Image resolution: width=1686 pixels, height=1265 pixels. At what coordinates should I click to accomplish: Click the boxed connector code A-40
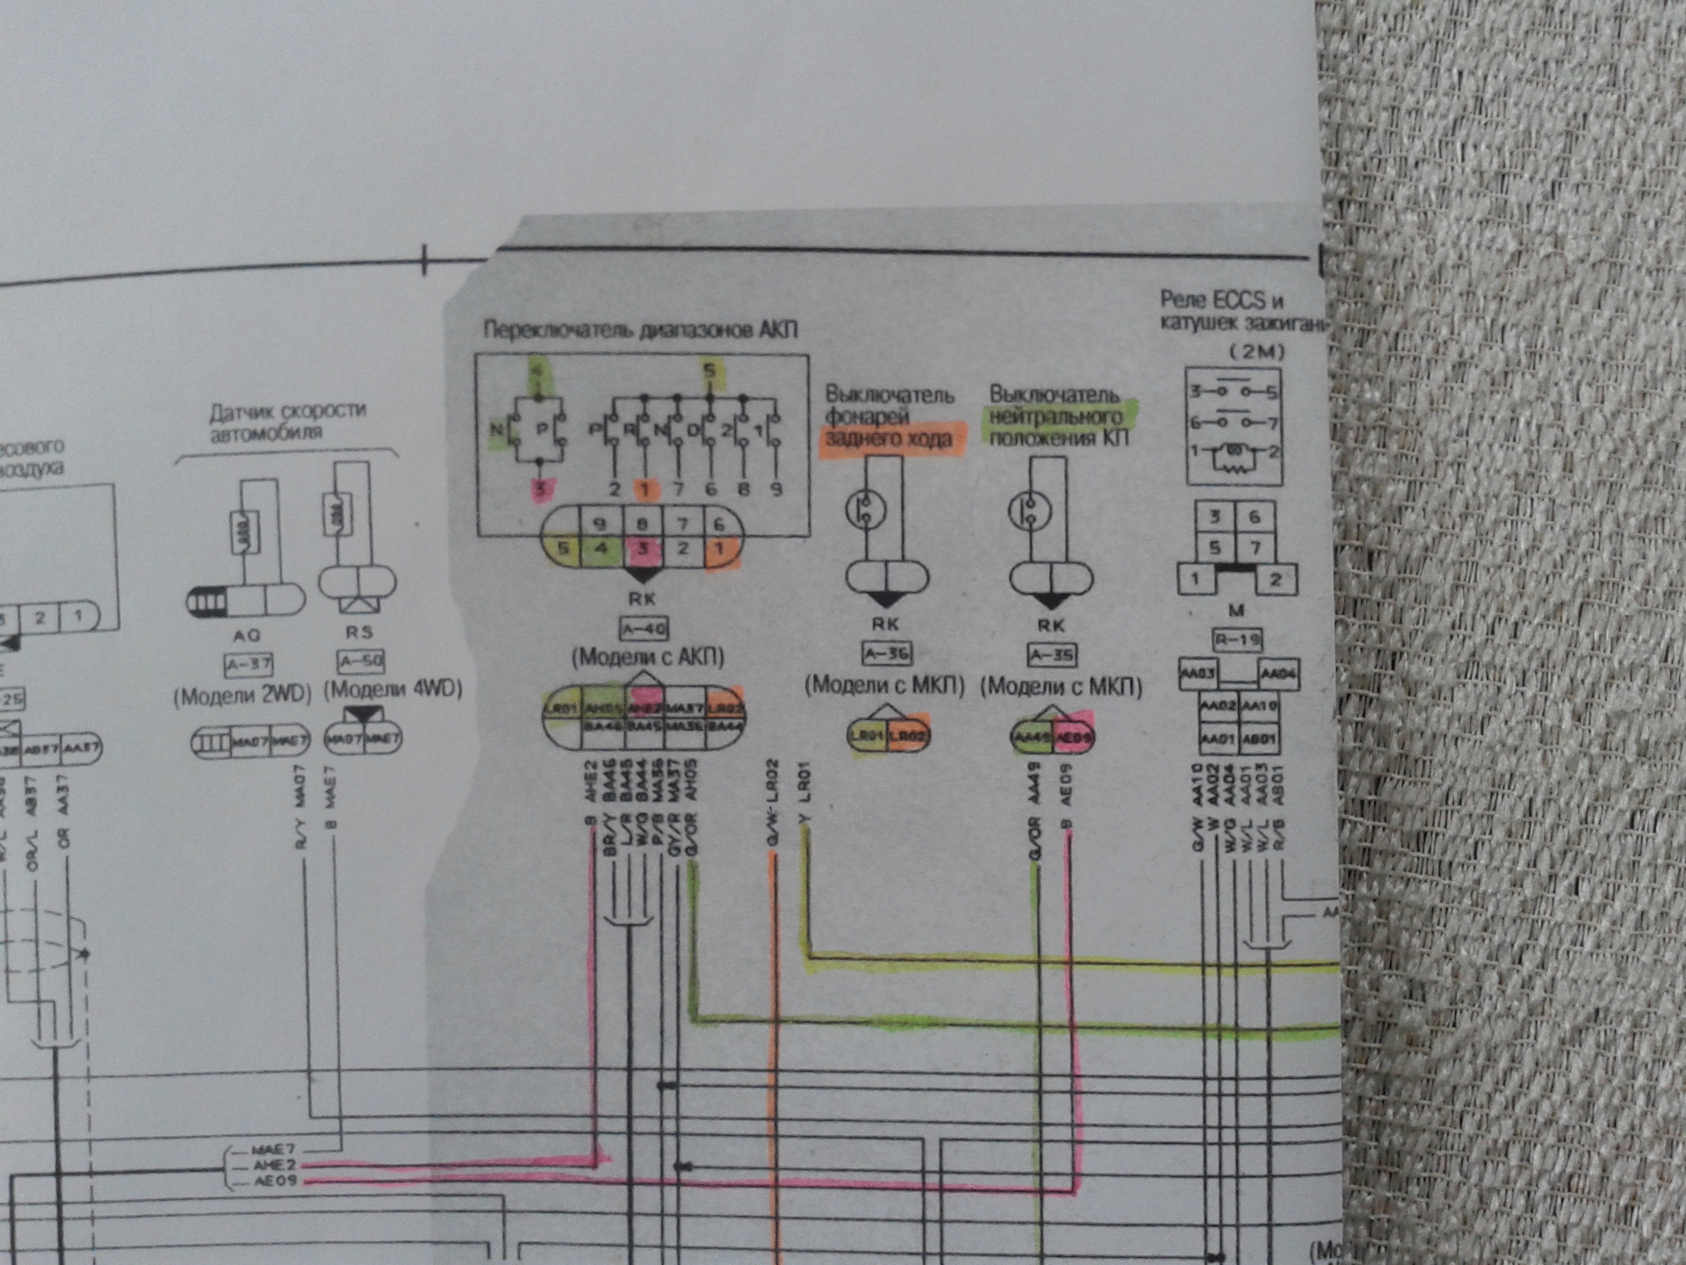pyautogui.click(x=644, y=629)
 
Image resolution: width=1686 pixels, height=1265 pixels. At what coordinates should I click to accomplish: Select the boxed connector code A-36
pyautogui.click(x=887, y=654)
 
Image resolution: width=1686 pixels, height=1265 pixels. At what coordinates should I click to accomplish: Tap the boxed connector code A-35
pyautogui.click(x=1051, y=655)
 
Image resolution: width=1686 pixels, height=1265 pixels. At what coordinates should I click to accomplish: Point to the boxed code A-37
pyautogui.click(x=249, y=665)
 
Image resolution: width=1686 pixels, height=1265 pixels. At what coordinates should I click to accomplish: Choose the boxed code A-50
pyautogui.click(x=360, y=661)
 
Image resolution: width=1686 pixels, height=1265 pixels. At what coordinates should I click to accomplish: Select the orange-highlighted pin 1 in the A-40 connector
pyautogui.click(x=719, y=550)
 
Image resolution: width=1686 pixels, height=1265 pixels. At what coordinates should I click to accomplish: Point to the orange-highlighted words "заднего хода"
pyautogui.click(x=889, y=438)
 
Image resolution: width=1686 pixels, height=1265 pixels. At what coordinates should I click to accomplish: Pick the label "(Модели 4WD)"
pyautogui.click(x=393, y=689)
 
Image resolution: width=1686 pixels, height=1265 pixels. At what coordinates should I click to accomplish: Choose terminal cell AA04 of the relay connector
pyautogui.click(x=1278, y=675)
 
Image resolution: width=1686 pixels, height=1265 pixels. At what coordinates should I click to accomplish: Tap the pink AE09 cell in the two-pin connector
pyautogui.click(x=1074, y=738)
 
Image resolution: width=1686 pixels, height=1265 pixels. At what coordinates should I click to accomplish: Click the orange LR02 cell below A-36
pyautogui.click(x=908, y=736)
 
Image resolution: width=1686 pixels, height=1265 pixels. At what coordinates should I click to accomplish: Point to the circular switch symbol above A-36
pyautogui.click(x=865, y=509)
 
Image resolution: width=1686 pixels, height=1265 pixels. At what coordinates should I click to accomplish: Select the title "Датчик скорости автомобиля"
pyautogui.click(x=287, y=422)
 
